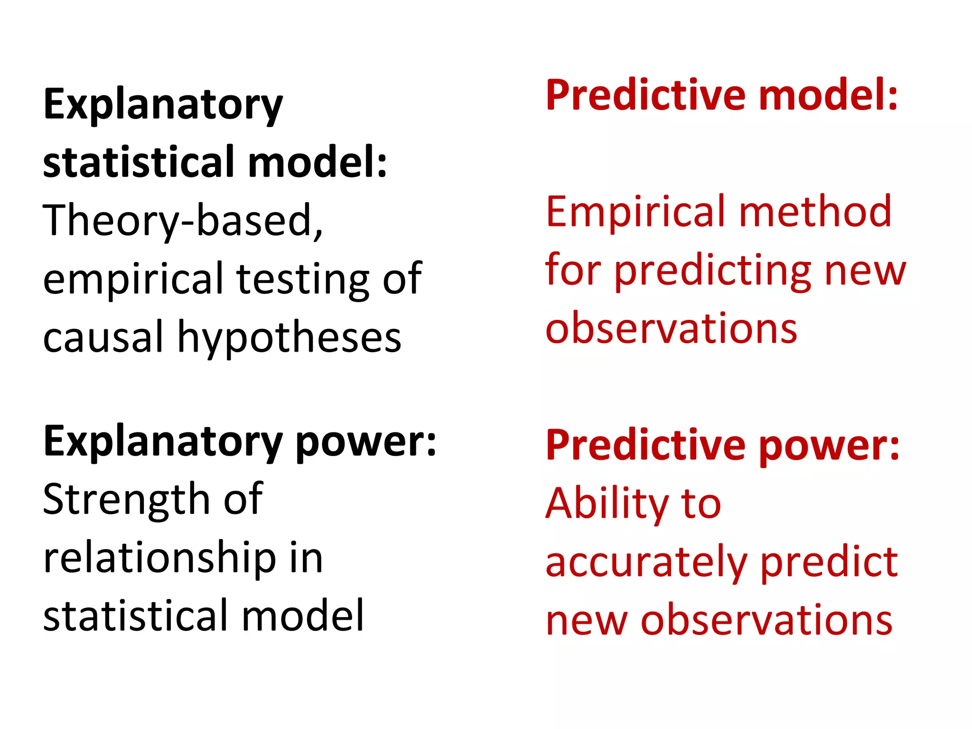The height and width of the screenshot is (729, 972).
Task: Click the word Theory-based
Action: point(183,221)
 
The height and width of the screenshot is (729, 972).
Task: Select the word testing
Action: point(302,279)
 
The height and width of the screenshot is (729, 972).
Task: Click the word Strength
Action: point(126,499)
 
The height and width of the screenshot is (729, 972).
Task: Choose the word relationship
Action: point(159,559)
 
